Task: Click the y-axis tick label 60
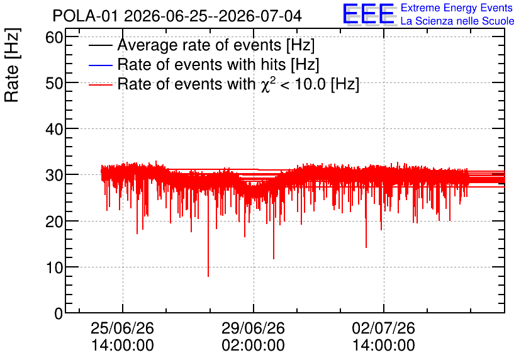point(54,37)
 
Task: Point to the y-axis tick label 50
point(54,83)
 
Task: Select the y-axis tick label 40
point(54,129)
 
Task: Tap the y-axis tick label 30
point(54,175)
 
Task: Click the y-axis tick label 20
point(54,222)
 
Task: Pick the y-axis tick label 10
point(54,267)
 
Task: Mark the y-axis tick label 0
point(59,313)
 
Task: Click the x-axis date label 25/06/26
point(123,328)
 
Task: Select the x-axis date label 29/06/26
point(254,328)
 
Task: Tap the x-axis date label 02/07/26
point(383,328)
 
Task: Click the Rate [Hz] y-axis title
point(12,65)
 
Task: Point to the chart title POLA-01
point(85,16)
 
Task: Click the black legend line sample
point(100,45)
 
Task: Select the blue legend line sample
point(100,65)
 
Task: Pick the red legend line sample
point(100,84)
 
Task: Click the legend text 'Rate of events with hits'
point(201,64)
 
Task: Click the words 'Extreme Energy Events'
point(457,8)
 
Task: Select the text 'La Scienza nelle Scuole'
point(457,21)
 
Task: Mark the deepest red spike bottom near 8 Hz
point(208,276)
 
